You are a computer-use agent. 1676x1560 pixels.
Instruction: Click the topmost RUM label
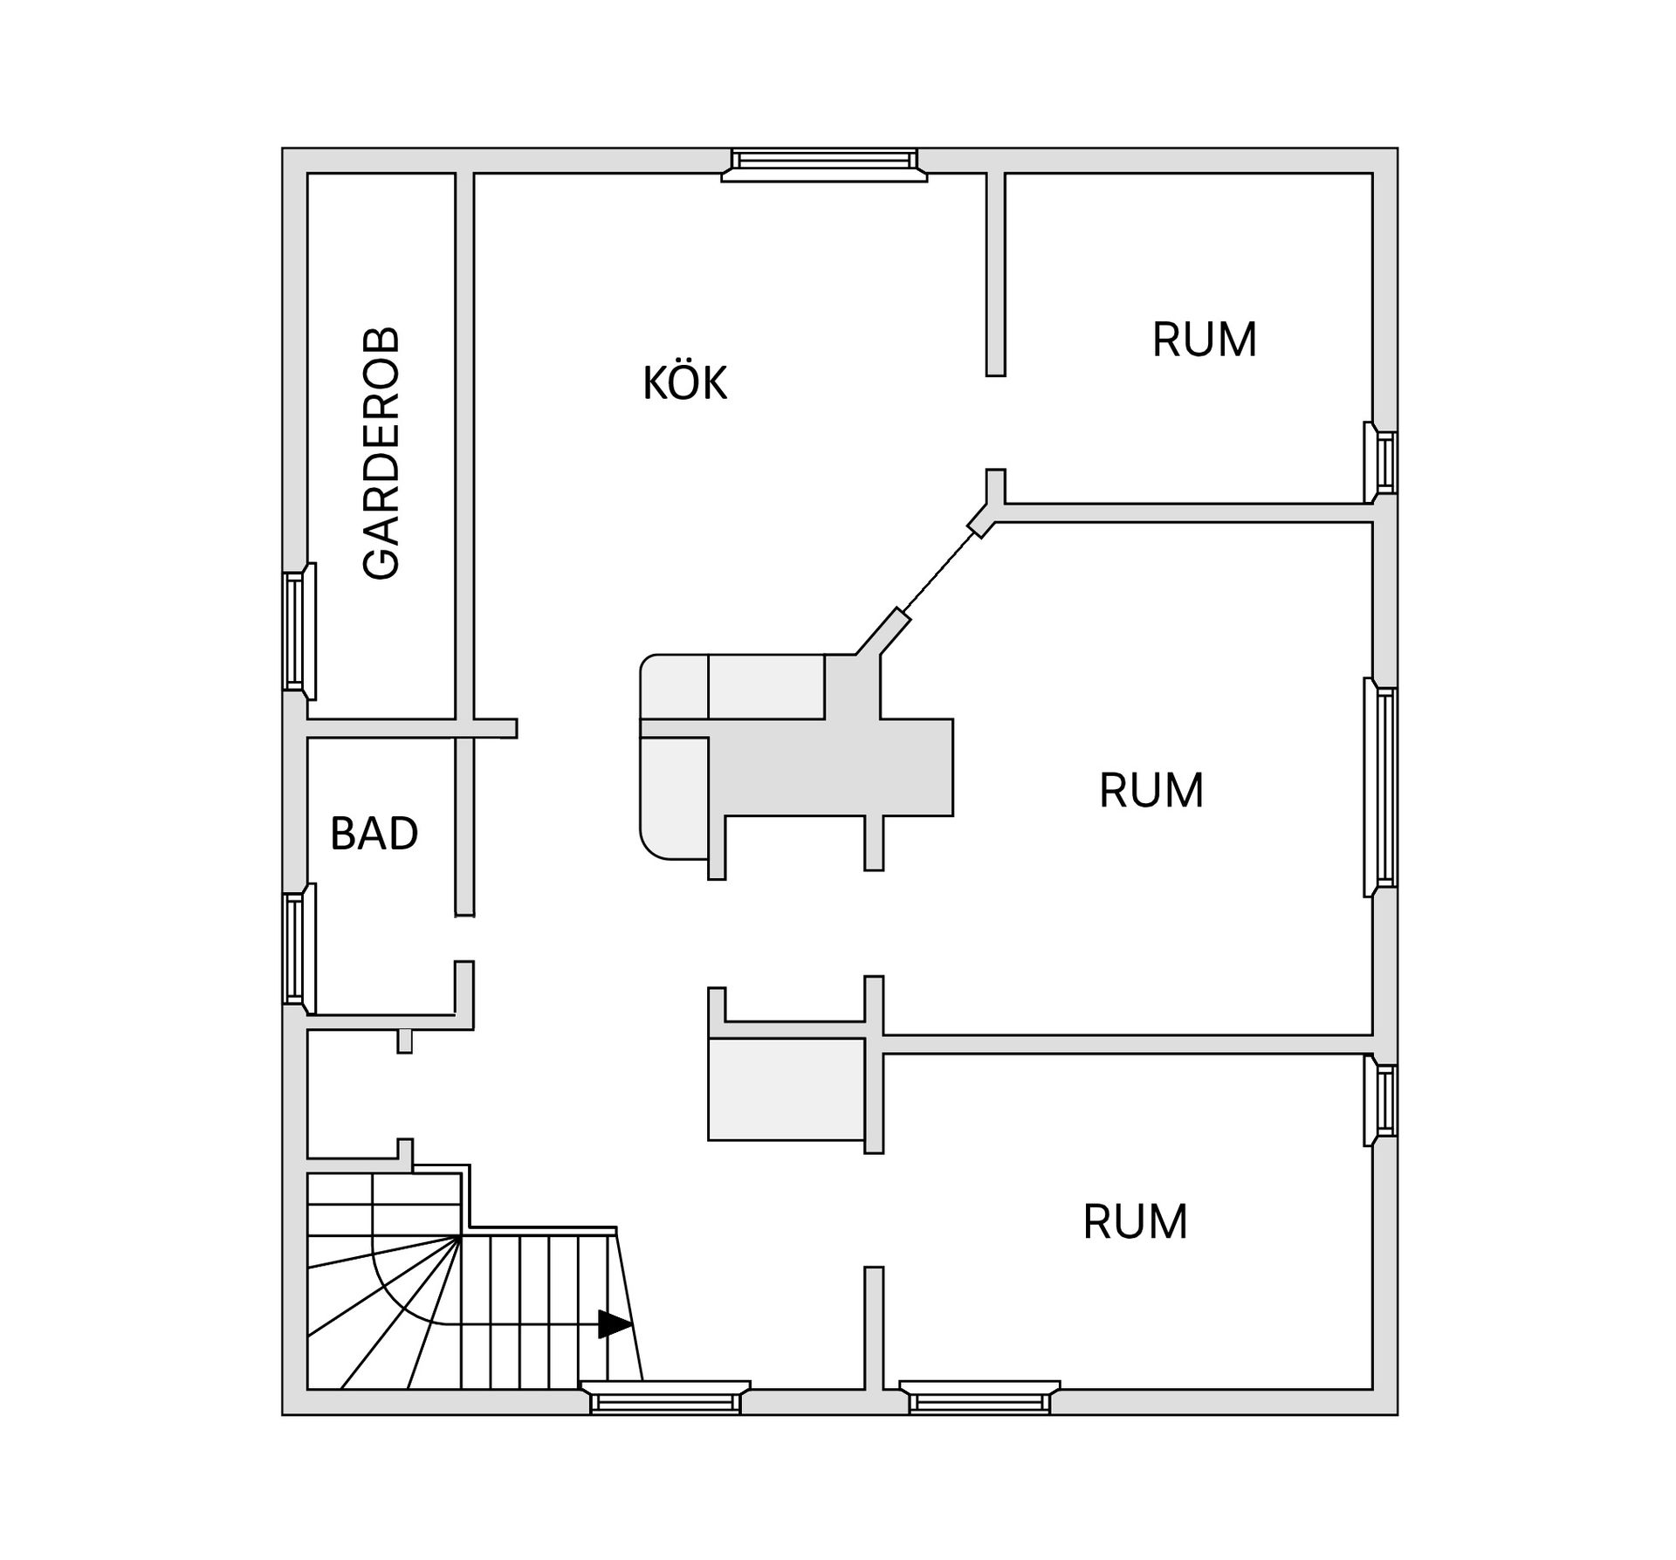coord(1204,340)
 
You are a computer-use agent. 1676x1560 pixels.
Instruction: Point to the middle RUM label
coord(1151,790)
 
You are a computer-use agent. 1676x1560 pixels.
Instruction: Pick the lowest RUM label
coord(1135,1221)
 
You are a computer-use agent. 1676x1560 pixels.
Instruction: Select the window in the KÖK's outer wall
coord(824,165)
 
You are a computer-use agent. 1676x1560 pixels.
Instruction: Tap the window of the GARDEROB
coord(299,631)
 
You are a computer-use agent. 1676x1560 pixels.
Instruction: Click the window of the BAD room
coord(299,949)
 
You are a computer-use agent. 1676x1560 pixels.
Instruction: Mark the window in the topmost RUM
coord(1381,462)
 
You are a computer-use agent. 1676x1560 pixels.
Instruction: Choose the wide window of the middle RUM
coord(1381,787)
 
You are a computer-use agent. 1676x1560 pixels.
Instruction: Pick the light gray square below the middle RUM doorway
coord(786,1089)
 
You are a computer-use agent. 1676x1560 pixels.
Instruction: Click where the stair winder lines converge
coord(461,1236)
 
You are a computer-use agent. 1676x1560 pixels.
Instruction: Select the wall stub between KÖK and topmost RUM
coord(995,274)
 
